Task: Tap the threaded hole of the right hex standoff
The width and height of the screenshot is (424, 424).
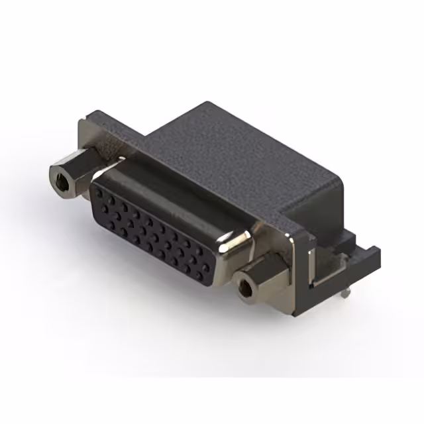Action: pyautogui.click(x=246, y=286)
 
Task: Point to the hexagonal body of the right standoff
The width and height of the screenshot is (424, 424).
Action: pyautogui.click(x=262, y=278)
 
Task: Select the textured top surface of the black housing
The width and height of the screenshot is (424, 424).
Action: pyautogui.click(x=219, y=152)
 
